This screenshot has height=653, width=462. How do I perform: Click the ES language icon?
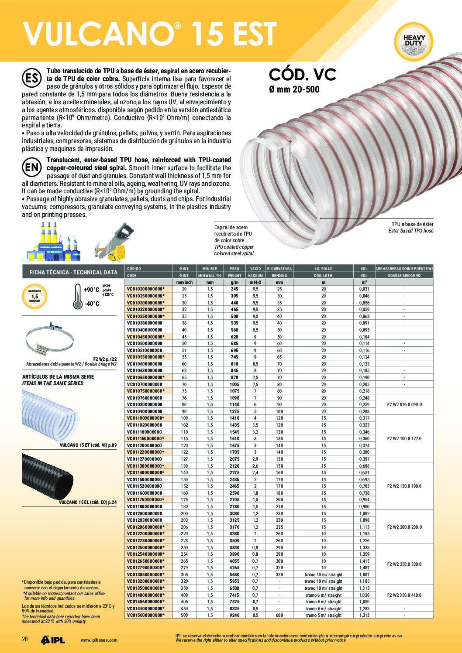tap(31, 79)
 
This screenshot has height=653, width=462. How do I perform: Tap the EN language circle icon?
tap(31, 167)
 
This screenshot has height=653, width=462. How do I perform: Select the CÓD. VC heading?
tap(302, 75)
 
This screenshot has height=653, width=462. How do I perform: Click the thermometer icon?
tap(78, 297)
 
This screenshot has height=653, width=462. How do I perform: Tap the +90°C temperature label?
tap(91, 290)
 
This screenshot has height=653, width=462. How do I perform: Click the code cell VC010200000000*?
tap(146, 289)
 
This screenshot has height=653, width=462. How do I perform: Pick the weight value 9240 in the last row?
tap(234, 615)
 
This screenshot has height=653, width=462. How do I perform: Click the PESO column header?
tap(234, 269)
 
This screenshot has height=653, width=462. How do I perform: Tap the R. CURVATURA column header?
tap(279, 269)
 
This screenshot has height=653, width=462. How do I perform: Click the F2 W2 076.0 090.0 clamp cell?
tap(404, 404)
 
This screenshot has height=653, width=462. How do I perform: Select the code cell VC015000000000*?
tap(146, 615)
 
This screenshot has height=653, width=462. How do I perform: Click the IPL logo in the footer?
tap(53, 640)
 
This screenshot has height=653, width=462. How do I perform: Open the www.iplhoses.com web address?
tap(99, 640)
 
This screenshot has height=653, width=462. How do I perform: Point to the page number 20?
tap(25, 639)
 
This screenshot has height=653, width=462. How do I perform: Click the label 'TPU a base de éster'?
tap(412, 224)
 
